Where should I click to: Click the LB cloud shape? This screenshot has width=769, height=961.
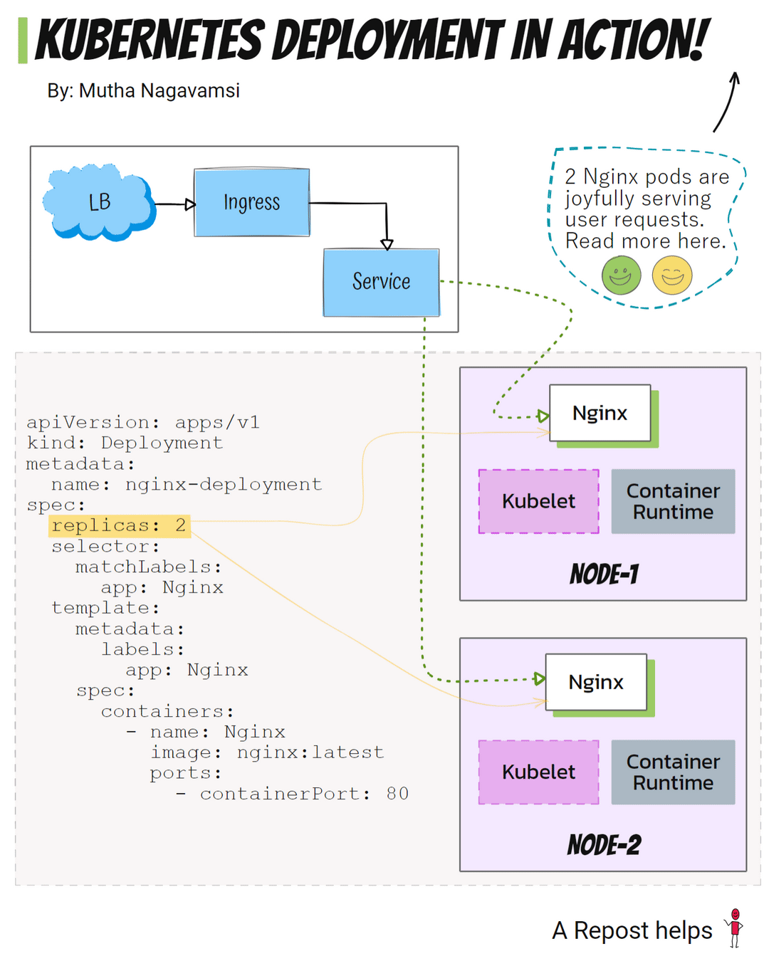(98, 203)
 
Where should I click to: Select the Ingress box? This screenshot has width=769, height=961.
(252, 203)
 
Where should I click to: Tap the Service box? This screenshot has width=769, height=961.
(381, 282)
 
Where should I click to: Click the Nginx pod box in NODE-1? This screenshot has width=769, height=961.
(600, 414)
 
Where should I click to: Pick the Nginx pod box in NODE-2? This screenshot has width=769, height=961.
(596, 683)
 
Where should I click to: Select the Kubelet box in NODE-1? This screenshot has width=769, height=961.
(538, 501)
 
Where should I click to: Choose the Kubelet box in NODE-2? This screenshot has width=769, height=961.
(538, 772)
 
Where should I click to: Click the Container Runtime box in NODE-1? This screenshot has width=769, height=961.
(673, 501)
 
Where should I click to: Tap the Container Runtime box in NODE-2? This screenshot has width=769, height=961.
(673, 772)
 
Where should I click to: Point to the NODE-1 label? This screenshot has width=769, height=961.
(604, 574)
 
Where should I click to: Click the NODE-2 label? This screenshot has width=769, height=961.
(604, 845)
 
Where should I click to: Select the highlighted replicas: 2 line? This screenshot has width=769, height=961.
(119, 526)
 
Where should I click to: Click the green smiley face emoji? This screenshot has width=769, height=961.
(621, 275)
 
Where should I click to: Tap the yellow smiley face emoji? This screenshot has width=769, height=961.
(672, 275)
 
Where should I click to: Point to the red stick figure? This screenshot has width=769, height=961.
(735, 928)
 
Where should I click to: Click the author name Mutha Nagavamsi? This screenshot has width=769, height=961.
(159, 91)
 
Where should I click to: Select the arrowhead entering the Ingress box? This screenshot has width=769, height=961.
(190, 205)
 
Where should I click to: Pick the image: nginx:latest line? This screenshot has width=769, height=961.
(267, 752)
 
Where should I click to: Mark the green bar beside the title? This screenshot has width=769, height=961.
(23, 41)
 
